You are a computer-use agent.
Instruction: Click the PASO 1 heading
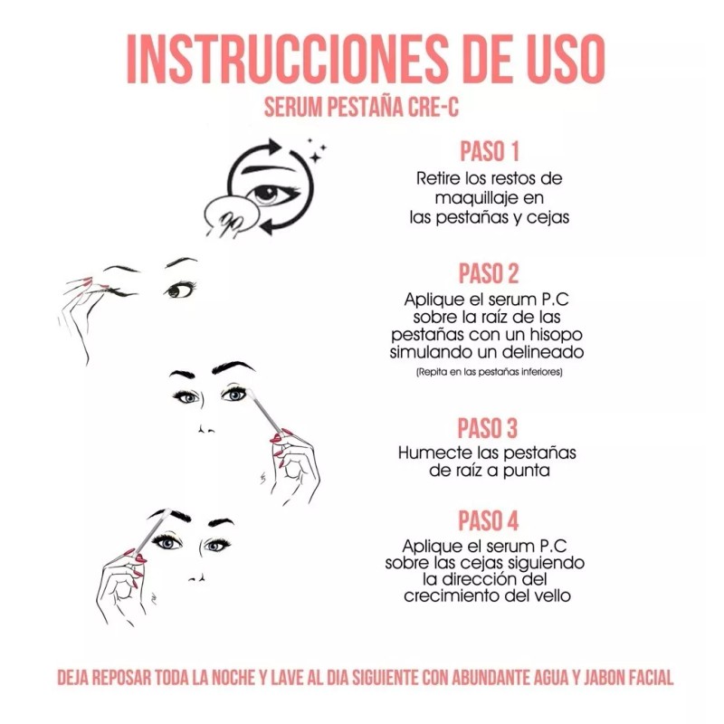[489, 149]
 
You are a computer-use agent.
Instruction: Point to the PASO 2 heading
[489, 272]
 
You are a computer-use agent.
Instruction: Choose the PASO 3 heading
[489, 427]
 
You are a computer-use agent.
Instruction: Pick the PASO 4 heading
[489, 521]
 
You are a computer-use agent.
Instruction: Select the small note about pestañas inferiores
[489, 372]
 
